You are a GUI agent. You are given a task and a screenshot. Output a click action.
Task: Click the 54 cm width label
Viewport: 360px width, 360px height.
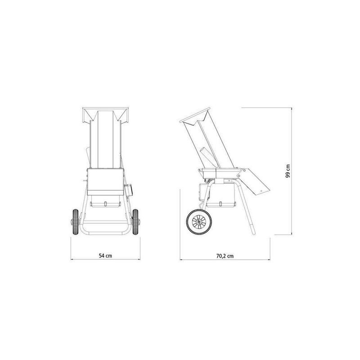click(105, 256)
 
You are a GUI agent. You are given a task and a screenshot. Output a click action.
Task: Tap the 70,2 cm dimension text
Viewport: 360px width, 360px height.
click(225, 256)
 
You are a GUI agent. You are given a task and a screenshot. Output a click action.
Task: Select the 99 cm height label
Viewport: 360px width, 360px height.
click(288, 171)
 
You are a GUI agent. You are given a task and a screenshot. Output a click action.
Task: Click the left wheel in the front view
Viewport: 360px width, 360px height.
click(75, 222)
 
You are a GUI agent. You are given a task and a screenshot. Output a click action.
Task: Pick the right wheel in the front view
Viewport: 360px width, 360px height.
click(135, 222)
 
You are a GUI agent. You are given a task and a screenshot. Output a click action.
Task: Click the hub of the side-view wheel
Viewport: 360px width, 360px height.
click(198, 222)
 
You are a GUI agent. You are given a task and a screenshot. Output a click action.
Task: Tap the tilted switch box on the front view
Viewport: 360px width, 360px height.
click(129, 190)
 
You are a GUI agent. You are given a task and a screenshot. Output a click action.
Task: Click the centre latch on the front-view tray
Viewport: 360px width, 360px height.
click(105, 204)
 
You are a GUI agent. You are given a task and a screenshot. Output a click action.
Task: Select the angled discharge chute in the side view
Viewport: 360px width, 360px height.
click(255, 181)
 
